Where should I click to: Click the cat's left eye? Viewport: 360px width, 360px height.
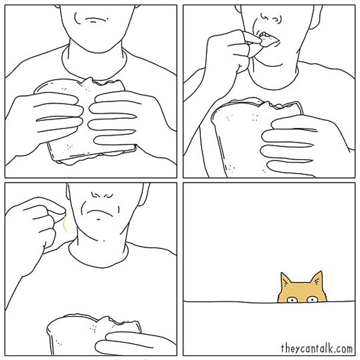tap(292, 299)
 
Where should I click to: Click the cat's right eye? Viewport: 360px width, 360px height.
tap(312, 299)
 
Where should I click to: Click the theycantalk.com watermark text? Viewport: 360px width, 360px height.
tap(317, 348)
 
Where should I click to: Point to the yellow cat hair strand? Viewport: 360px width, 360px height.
tap(65, 223)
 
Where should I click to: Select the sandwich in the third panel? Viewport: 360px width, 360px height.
tap(94, 335)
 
